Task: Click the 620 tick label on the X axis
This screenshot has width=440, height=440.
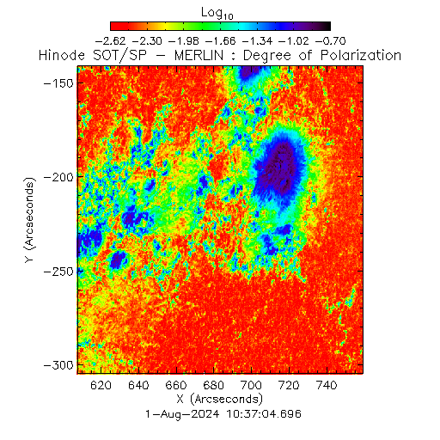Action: tap(101, 385)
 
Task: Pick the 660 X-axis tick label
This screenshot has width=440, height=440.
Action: tap(176, 385)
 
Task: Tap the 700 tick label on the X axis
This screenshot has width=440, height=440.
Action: tap(252, 385)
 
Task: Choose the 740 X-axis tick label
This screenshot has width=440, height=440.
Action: tap(327, 385)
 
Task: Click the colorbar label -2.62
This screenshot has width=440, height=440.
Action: tap(110, 41)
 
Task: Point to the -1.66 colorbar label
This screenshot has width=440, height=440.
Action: tap(221, 41)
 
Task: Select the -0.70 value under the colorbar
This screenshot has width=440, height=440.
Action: tap(331, 41)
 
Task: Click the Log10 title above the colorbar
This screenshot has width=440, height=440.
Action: tap(217, 14)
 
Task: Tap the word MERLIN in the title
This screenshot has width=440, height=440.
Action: tap(199, 55)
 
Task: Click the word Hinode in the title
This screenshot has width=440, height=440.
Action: tap(62, 55)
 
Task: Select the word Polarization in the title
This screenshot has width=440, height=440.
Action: tap(361, 55)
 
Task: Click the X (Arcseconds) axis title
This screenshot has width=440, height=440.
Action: tap(220, 399)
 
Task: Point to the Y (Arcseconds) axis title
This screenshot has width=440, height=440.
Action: tap(29, 220)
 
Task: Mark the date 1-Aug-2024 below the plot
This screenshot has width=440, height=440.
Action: tap(182, 414)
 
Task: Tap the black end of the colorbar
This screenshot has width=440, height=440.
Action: tap(326, 26)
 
